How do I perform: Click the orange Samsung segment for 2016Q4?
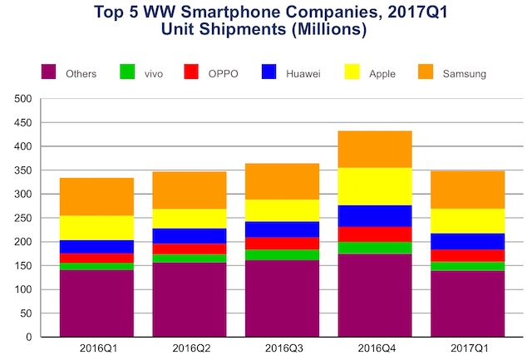coord(375,149)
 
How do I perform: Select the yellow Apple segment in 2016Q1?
coord(96,228)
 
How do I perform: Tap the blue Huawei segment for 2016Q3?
coord(283,229)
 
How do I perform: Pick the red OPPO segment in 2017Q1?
coord(468,255)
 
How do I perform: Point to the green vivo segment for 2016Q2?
coord(190,259)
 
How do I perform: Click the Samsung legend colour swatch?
coord(431,73)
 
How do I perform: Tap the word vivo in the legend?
coord(154,74)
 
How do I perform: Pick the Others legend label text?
coord(80,74)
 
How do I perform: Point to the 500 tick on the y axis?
coord(23,99)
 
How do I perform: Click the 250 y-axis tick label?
coord(23,219)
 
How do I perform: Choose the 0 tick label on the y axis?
coord(27,338)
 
